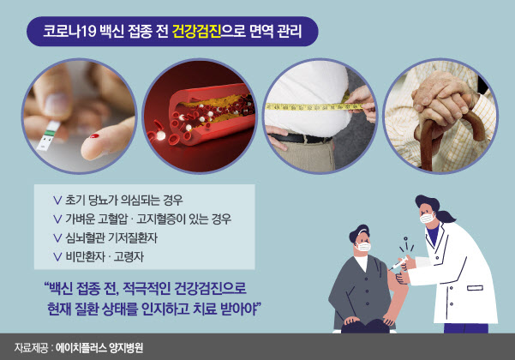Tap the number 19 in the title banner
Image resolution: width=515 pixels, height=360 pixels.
[x=87, y=32]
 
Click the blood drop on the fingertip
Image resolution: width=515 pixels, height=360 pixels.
[x=94, y=136]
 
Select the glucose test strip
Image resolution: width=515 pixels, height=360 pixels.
[x=48, y=135]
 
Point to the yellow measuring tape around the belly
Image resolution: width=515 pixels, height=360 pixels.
[x=314, y=107]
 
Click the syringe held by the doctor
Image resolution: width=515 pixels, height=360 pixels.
[x=398, y=264]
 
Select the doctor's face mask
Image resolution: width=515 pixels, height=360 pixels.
[x=428, y=218]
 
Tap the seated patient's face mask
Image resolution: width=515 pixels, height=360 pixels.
[x=363, y=246]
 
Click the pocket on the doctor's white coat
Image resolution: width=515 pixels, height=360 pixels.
[x=475, y=288]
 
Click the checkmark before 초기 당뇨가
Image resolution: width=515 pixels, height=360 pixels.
[x=57, y=201]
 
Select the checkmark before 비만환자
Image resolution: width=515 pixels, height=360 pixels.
[x=57, y=257]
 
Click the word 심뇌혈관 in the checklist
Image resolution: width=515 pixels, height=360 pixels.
[x=85, y=237]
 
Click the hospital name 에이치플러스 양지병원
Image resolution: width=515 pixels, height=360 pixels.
[x=99, y=348]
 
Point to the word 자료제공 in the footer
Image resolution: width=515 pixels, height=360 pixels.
[x=31, y=348]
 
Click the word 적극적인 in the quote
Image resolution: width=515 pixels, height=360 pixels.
[x=147, y=288]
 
